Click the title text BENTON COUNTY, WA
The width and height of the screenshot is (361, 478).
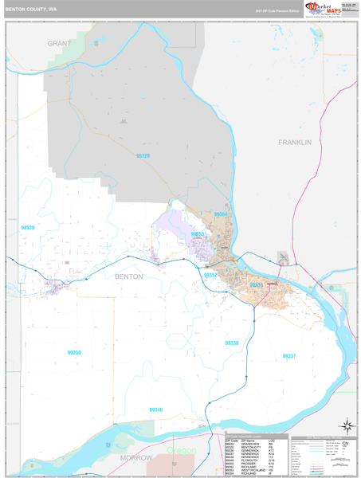coord(31,10)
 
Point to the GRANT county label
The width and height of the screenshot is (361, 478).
coord(59,43)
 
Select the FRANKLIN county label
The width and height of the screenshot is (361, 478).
coord(294,141)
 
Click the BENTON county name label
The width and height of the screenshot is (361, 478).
coord(129,276)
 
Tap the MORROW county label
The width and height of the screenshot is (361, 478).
coord(135,459)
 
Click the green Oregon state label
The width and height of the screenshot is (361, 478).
coord(181,451)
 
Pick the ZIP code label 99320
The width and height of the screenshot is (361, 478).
coord(143,156)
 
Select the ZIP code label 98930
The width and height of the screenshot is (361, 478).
coord(29,228)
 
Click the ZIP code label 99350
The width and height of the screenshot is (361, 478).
coord(74,352)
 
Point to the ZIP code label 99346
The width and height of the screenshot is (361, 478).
coord(156,409)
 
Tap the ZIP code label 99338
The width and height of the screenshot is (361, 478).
coord(231,343)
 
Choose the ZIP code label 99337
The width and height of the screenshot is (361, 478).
coord(288,355)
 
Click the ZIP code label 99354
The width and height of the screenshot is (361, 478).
coord(220,215)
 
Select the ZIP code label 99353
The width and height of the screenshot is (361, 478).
coord(197,234)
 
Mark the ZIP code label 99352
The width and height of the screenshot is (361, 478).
coord(210,274)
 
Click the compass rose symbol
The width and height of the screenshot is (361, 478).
coord(347,425)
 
